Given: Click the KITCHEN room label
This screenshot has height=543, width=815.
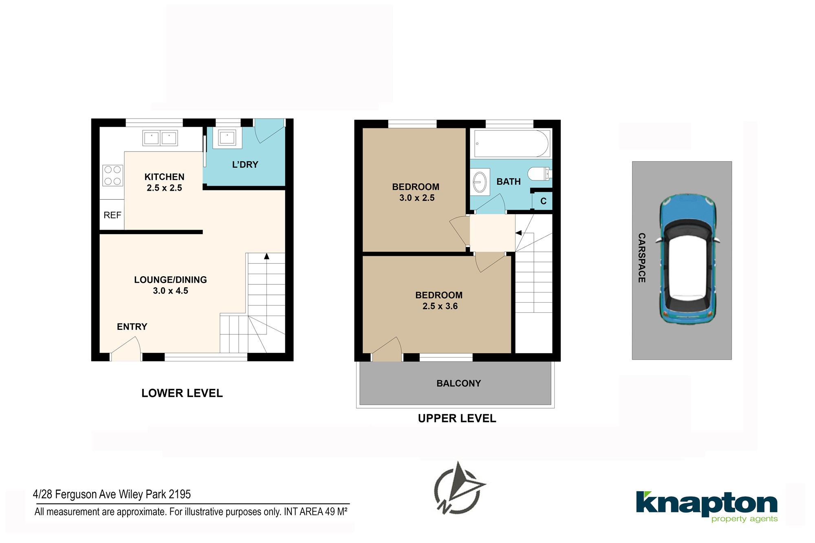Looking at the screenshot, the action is click(164, 177).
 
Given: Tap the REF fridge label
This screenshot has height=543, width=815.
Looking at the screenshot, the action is click(112, 215).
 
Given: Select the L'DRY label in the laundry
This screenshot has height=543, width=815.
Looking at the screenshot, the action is click(245, 165).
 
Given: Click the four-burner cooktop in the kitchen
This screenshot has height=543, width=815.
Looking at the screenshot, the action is click(113, 175).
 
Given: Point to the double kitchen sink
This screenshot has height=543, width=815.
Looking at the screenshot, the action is click(160, 138).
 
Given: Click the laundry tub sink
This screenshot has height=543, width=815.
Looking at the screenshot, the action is click(227, 138).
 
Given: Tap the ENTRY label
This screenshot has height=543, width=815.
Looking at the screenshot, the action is click(132, 327).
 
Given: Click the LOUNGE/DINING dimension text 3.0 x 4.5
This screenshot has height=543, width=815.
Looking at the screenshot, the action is click(170, 291).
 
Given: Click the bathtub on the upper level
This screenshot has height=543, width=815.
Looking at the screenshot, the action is click(512, 143).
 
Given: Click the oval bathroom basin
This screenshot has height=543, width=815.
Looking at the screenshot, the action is click(480, 182).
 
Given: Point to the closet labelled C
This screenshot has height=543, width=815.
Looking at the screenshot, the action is click(543, 201).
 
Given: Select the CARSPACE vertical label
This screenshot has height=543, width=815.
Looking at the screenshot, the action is click(642, 258).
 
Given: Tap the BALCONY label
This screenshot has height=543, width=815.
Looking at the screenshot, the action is click(458, 383).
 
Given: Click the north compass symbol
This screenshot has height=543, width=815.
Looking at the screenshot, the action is click(460, 488).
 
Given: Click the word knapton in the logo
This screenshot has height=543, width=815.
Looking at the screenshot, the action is click(707, 504).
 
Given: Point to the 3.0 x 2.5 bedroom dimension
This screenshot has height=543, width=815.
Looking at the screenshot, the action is click(417, 198).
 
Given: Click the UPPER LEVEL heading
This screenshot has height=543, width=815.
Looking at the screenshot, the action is click(457, 418).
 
